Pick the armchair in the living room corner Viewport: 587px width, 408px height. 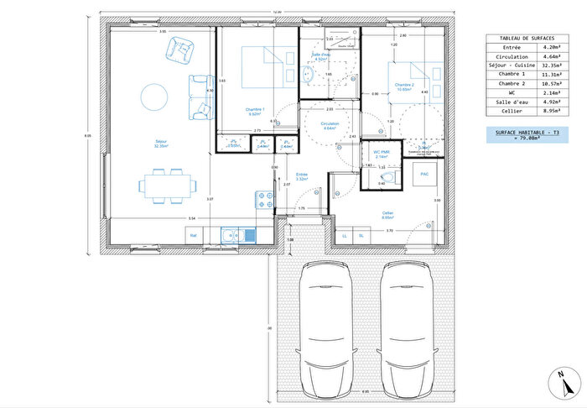tap(180, 51)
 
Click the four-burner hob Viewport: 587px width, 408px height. tap(265, 200)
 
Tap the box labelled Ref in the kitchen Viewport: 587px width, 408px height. tap(194, 237)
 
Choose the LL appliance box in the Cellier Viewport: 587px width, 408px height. tap(345, 237)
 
